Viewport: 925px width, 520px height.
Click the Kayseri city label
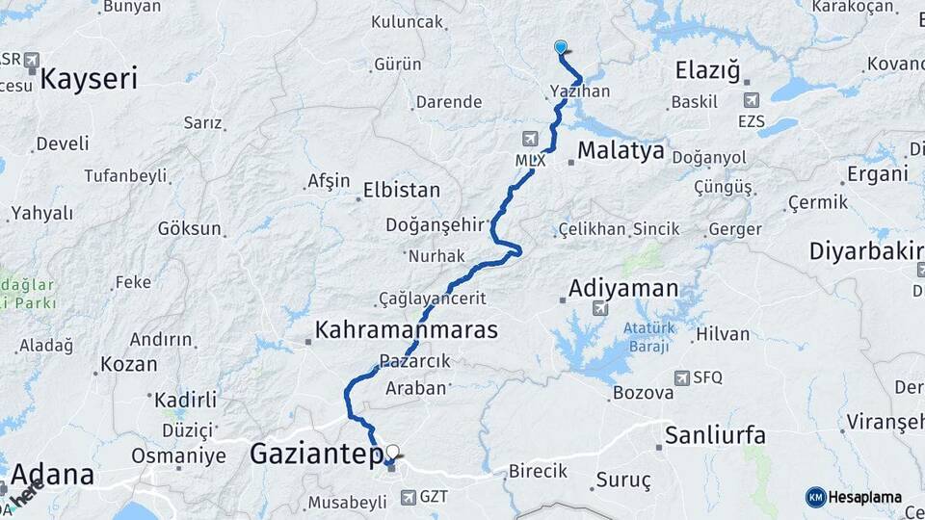(x=88, y=78)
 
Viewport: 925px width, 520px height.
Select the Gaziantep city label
(x=317, y=454)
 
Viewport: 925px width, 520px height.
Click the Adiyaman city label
(x=623, y=288)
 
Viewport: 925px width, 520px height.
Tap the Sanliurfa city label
(x=715, y=434)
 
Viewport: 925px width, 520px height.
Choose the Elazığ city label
(x=706, y=70)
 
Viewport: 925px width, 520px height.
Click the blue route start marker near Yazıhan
(x=561, y=46)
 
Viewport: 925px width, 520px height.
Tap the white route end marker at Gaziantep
(x=392, y=451)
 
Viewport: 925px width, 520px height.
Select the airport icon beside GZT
(x=408, y=498)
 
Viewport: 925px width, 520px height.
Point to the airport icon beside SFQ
(x=682, y=377)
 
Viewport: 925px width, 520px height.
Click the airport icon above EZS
(x=752, y=99)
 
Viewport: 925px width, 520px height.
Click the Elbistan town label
(x=402, y=190)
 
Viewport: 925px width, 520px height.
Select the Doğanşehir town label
(x=433, y=224)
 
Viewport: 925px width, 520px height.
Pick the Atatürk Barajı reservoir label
(x=646, y=336)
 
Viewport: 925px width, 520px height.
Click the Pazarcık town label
(x=415, y=360)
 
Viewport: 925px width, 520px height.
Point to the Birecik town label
(x=537, y=471)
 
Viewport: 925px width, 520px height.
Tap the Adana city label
(x=54, y=474)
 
